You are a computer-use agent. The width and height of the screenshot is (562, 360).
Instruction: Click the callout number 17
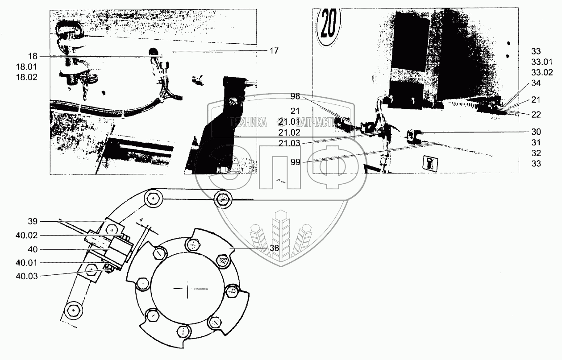click(x=274, y=51)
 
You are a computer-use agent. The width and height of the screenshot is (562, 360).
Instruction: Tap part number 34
click(x=536, y=83)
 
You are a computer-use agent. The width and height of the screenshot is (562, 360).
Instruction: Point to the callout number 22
click(x=536, y=115)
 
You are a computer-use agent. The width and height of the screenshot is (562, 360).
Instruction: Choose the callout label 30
click(x=536, y=132)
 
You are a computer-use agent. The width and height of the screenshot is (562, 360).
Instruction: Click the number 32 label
click(x=536, y=153)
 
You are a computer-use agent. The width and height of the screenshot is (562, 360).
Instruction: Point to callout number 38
click(x=274, y=248)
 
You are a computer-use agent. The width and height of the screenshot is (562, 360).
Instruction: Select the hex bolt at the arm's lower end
click(x=73, y=309)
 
